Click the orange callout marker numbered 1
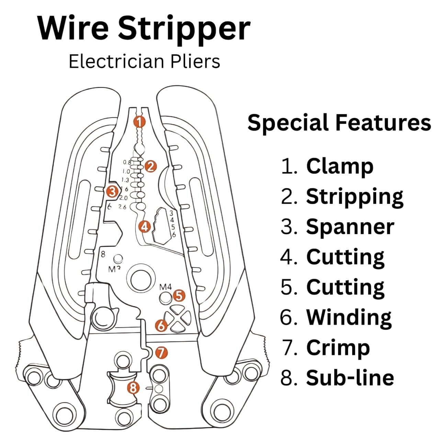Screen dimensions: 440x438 click(x=139, y=121)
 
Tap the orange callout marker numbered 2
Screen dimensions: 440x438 click(x=150, y=166)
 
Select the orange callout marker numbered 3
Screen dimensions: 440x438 click(x=112, y=191)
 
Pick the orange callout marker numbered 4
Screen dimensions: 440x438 click(x=145, y=227)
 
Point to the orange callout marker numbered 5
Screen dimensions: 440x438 click(x=179, y=295)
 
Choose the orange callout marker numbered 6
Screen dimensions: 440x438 click(x=161, y=325)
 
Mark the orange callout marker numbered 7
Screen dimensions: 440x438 click(x=161, y=352)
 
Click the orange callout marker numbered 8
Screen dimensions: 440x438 click(x=133, y=388)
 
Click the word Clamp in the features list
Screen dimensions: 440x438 click(x=339, y=166)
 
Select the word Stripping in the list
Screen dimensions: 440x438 click(x=355, y=197)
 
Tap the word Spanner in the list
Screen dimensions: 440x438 click(x=350, y=227)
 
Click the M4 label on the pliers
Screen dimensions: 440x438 click(x=165, y=286)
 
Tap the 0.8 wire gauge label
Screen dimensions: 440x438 click(x=127, y=162)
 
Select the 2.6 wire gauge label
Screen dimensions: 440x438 click(x=122, y=207)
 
